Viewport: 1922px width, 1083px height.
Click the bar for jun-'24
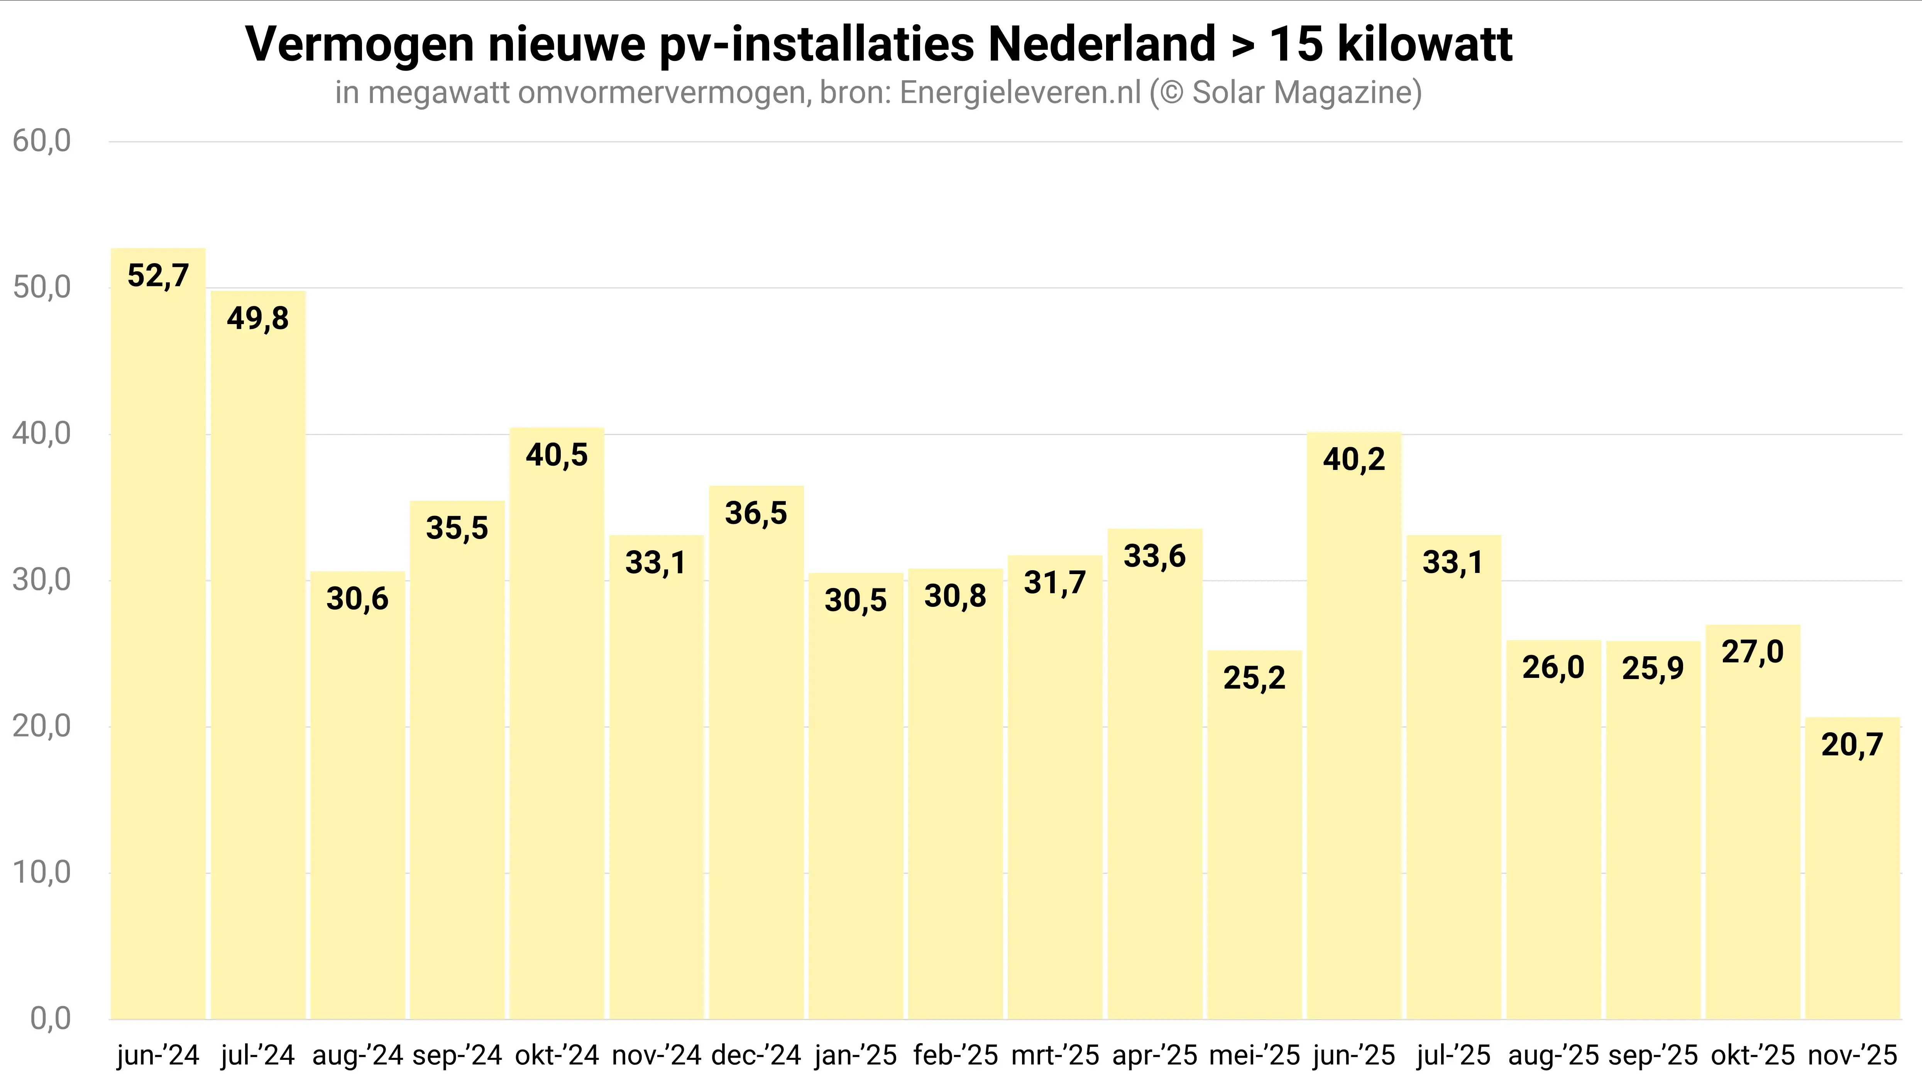coord(158,634)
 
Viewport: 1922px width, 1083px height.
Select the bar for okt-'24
coord(557,723)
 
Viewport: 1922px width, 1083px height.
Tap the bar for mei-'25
coord(1254,835)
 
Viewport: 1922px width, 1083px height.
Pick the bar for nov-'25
coord(1852,869)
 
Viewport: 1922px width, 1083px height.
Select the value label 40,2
coord(1354,460)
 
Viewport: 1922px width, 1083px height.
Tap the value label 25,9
coord(1653,668)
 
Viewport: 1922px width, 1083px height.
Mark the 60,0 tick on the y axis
coord(42,141)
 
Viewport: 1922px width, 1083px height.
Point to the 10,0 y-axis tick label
coord(42,872)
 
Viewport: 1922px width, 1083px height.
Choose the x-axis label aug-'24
coord(357,1055)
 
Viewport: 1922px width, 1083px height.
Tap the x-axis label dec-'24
coord(756,1055)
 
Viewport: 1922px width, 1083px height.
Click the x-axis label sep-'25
coord(1653,1055)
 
